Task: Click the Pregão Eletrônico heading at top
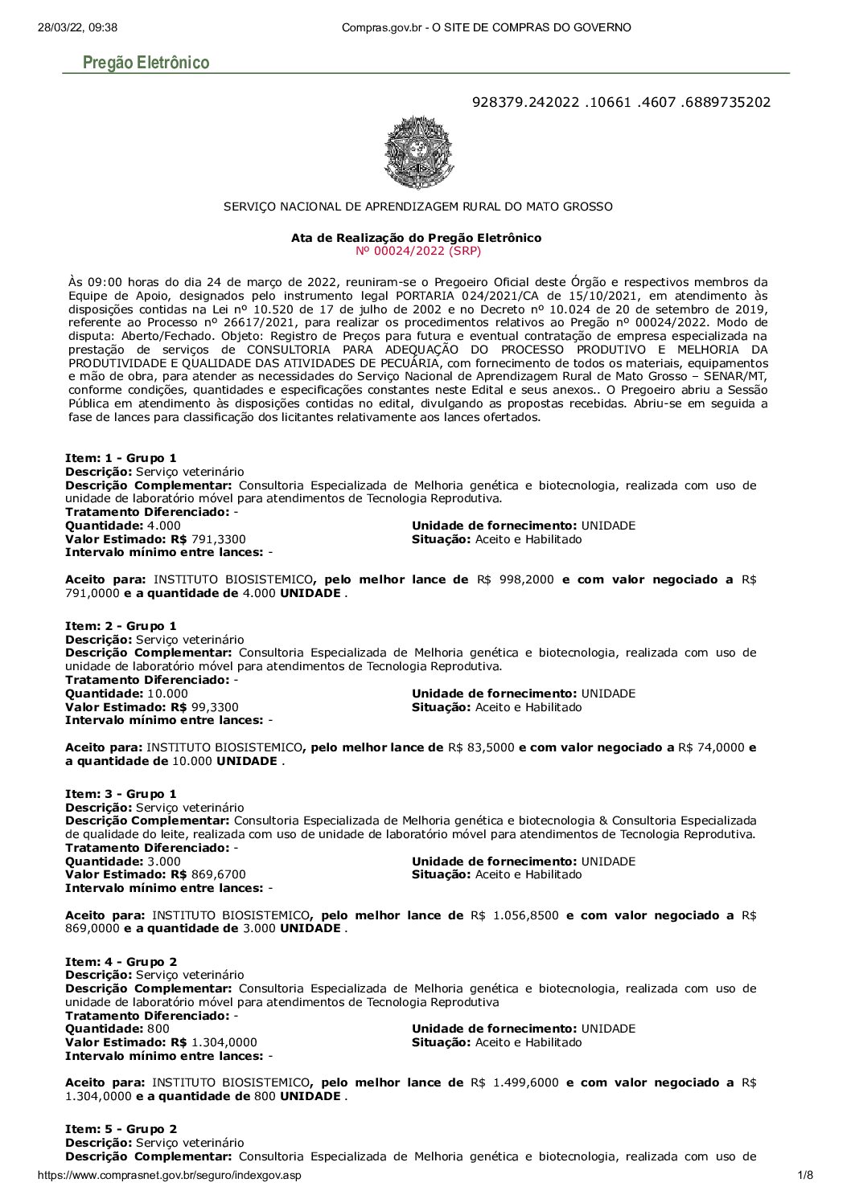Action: [146, 63]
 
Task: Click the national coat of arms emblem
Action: [419, 153]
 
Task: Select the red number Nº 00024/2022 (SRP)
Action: [417, 251]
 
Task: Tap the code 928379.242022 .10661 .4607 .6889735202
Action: [622, 102]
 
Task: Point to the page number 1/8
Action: [805, 1175]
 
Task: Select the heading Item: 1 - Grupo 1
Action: [121, 458]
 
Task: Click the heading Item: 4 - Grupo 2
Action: [121, 961]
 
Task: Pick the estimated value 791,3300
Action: [218, 539]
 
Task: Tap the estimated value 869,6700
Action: [218, 874]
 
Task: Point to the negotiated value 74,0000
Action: [722, 747]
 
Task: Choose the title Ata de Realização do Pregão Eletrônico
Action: [416, 238]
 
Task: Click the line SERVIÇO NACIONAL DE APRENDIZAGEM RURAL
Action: [417, 207]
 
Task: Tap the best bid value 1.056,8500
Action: [523, 915]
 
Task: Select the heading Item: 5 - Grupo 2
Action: [121, 1129]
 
